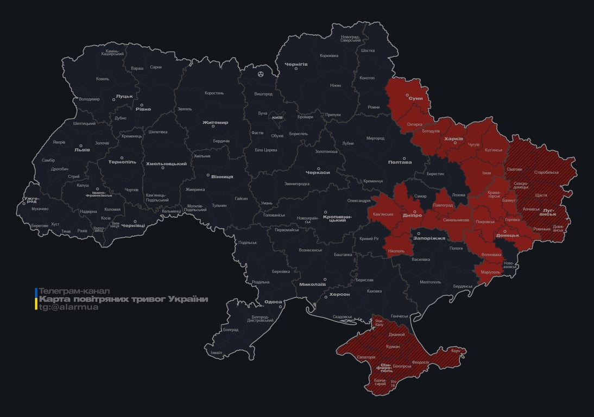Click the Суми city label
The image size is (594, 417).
(x=416, y=98)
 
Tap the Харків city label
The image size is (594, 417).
(x=453, y=139)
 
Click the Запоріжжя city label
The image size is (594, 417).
(x=429, y=238)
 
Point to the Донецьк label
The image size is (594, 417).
(x=508, y=236)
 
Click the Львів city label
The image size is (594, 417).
(x=81, y=149)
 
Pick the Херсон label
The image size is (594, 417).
(x=339, y=294)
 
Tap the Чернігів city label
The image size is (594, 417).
(x=296, y=64)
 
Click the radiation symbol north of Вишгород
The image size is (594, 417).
(x=261, y=73)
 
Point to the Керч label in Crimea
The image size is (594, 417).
(x=456, y=351)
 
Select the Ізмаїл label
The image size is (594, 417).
(x=216, y=353)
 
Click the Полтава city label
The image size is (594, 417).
(x=400, y=162)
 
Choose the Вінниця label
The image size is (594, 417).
(x=222, y=177)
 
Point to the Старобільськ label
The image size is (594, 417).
(x=546, y=172)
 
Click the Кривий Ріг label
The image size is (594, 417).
(x=370, y=239)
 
